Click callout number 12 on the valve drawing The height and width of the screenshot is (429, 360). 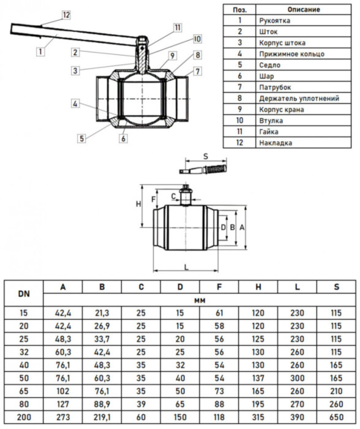coord(66,14)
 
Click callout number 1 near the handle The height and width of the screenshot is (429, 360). coord(40,52)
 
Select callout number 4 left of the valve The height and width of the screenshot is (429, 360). coord(75,104)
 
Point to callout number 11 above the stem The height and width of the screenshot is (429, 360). coord(177,27)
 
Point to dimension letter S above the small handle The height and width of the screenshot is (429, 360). coord(206,157)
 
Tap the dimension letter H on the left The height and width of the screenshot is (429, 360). coord(138,203)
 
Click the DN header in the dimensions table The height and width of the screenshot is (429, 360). coord(24,294)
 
